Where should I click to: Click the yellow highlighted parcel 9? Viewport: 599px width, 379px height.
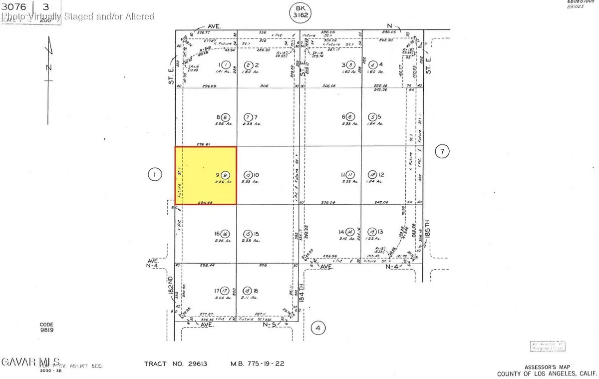tap(205, 176)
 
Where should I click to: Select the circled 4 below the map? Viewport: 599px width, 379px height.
tap(317, 328)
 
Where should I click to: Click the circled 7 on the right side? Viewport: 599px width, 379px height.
tap(442, 150)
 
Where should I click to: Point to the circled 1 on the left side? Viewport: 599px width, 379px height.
tap(155, 174)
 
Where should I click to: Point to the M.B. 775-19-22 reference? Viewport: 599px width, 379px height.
tap(257, 364)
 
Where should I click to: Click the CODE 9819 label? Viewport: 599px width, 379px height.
tap(47, 327)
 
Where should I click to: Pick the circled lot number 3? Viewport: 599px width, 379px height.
tap(351, 64)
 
